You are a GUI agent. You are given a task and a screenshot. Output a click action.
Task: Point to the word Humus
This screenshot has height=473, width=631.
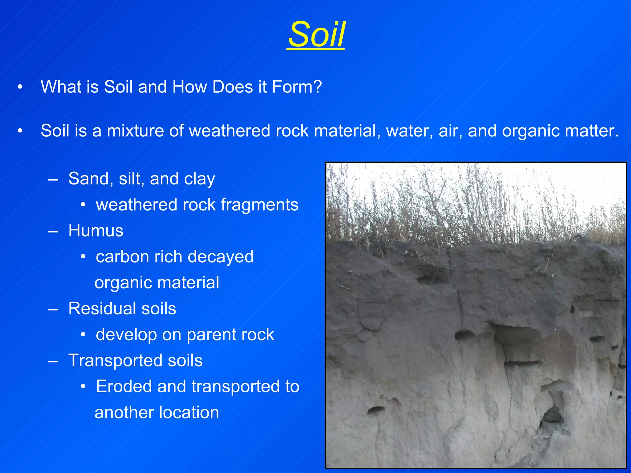[96, 230]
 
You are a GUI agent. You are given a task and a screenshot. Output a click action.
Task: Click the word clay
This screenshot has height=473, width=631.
[199, 179]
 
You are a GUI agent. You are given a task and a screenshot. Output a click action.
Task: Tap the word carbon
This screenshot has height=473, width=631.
[122, 257]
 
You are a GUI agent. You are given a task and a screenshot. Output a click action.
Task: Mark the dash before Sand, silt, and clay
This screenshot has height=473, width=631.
[53, 179]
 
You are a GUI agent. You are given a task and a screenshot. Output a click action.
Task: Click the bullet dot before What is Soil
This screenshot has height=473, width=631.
[20, 87]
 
